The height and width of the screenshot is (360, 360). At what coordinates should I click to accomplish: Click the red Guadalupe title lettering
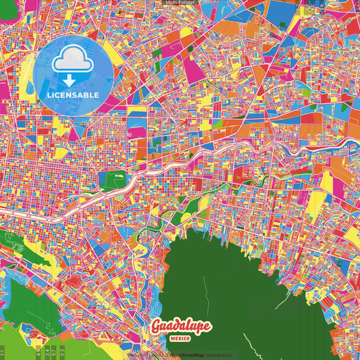tap(180, 328)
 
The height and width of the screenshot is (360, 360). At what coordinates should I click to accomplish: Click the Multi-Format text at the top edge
tap(180, 3)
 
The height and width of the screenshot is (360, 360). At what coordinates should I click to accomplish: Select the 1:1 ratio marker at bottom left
tap(3, 352)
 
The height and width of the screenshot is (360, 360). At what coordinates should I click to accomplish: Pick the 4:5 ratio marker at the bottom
tap(38, 352)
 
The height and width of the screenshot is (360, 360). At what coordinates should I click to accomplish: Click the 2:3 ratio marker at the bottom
tap(63, 352)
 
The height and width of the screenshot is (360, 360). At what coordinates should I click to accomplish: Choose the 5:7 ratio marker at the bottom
tap(55, 352)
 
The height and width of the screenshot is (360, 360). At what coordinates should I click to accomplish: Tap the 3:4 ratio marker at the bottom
tap(47, 352)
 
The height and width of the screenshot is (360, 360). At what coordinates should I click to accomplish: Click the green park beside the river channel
tap(112, 178)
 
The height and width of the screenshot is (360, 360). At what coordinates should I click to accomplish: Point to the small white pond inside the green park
tap(119, 176)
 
